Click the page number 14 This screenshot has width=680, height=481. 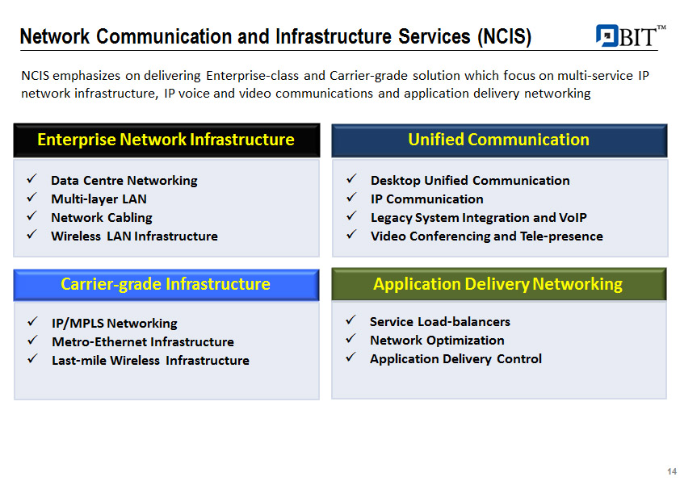click(672, 471)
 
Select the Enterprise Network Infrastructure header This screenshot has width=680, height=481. click(166, 140)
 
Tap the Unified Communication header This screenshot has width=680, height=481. click(499, 140)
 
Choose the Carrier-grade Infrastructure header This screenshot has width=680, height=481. click(166, 285)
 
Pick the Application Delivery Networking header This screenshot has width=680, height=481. click(499, 284)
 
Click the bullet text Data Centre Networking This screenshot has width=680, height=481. click(124, 180)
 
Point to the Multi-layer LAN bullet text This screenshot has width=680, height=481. click(99, 199)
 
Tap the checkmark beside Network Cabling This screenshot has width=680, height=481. click(31, 215)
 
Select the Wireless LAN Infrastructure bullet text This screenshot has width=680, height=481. click(134, 236)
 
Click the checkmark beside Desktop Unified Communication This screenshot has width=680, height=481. click(351, 178)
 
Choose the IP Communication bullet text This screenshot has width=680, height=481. click(426, 199)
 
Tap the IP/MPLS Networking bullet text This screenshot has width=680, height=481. click(115, 324)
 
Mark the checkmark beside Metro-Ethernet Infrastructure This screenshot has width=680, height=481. click(32, 340)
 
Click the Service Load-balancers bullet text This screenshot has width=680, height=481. click(440, 321)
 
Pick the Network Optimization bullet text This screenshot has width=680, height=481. click(437, 340)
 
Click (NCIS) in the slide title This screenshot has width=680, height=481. click(505, 37)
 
